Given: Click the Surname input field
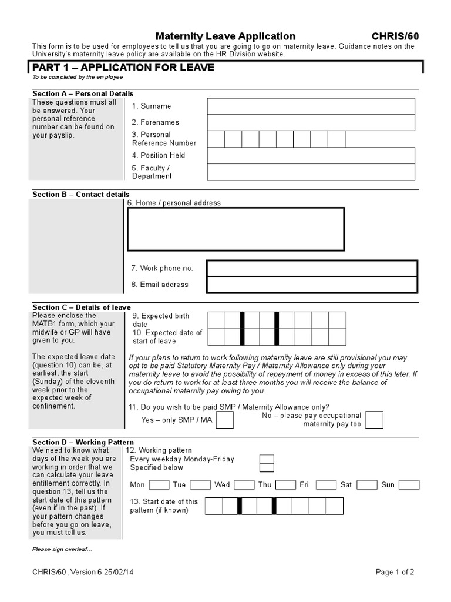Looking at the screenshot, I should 311,106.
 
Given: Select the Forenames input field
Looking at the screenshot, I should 311,122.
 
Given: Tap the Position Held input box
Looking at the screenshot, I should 311,155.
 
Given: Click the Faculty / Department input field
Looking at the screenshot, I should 311,172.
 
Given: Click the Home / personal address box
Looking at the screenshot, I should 235,229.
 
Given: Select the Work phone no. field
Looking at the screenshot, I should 312,268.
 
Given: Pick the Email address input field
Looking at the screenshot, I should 312,285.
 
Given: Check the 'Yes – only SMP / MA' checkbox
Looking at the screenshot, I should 225,420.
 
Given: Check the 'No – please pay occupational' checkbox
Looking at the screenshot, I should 374,420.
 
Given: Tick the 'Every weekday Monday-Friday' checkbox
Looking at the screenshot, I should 266,459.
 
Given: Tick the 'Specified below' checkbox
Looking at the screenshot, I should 266,467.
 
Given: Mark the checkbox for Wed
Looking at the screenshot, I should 243,485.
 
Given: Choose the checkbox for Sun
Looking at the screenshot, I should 409,485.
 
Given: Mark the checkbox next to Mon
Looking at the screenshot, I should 159,485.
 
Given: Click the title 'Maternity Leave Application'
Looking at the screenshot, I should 225,36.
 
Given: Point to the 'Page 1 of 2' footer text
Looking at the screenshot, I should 395,572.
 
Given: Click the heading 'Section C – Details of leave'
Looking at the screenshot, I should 82,307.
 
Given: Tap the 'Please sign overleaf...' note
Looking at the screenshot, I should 62,549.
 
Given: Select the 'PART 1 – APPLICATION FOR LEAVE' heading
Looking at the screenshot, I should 123,68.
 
